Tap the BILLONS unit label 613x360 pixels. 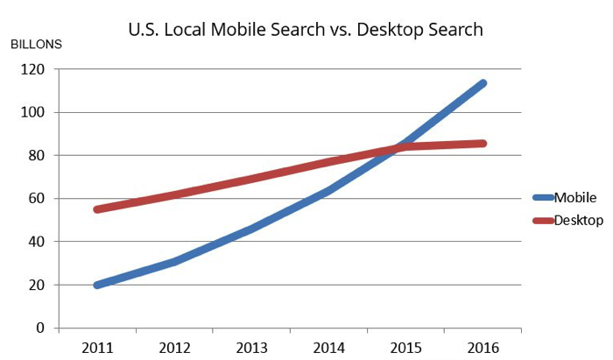(36, 44)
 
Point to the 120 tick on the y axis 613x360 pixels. (33, 70)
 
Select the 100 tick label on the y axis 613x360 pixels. (33, 113)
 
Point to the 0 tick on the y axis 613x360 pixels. (40, 328)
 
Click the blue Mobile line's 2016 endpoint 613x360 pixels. (483, 84)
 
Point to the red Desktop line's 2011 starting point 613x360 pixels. (96, 209)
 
